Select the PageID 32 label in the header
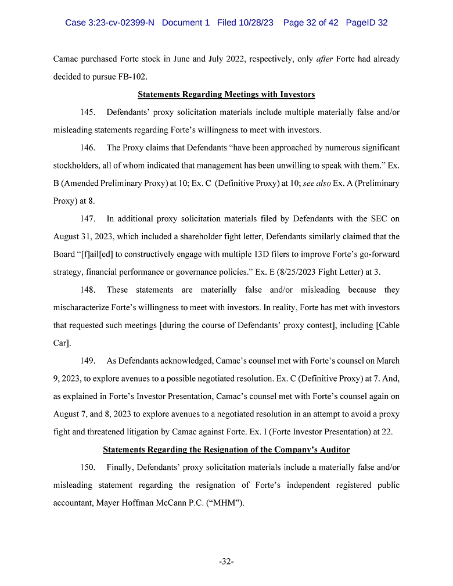click(x=366, y=23)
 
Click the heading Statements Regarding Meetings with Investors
click(x=226, y=94)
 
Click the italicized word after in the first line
click(x=324, y=59)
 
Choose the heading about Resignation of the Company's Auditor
click(x=226, y=450)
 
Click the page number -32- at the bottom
click(x=226, y=562)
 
